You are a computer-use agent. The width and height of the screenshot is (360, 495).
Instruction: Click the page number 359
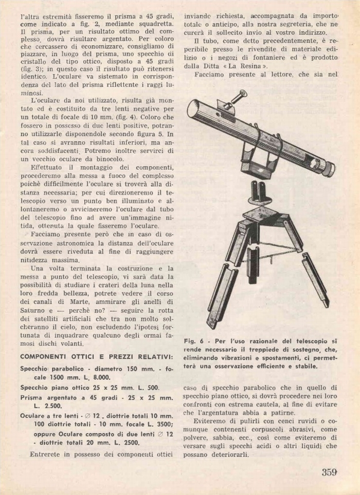(x=329, y=472)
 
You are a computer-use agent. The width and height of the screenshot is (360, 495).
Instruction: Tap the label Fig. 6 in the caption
(x=193, y=341)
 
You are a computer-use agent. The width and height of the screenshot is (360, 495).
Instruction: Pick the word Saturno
(x=33, y=311)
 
